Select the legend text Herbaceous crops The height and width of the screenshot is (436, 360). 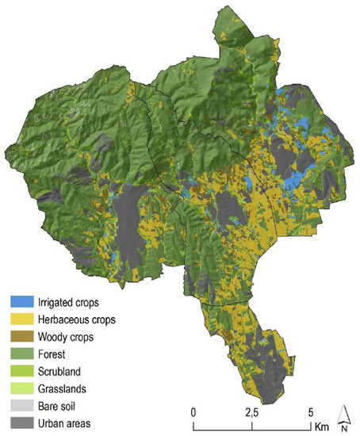77,319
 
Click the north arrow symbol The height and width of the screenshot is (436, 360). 344,414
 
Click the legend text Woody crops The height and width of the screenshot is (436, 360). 66,336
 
